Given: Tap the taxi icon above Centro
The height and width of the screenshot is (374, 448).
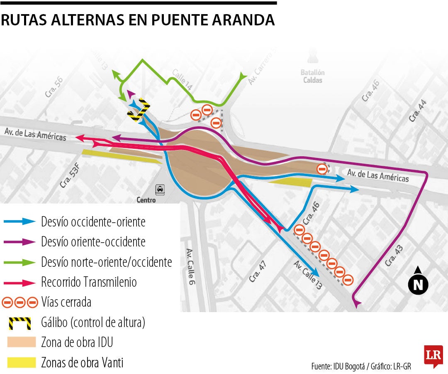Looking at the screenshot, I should coord(160,190).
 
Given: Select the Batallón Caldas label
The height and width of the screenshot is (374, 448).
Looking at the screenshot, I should coord(313,76).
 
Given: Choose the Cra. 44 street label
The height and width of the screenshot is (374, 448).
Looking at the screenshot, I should coord(417,111).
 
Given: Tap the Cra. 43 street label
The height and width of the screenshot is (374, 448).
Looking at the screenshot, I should coord(394,256).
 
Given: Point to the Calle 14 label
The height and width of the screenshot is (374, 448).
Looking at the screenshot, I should coord(182,79).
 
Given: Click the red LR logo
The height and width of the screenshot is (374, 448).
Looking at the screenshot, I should coord(433,356).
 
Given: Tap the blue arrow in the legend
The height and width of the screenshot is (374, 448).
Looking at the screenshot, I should coord(19,222).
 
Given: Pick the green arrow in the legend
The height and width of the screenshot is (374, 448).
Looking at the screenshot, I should coord(19,262).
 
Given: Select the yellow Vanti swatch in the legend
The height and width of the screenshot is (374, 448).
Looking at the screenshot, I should coord(22,362).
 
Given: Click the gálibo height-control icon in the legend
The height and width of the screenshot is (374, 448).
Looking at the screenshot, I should coord(19,322).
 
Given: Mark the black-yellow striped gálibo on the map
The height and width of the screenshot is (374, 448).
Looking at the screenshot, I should coord(139,110).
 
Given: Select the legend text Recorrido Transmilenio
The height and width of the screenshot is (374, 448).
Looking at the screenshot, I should coord(89,283).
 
